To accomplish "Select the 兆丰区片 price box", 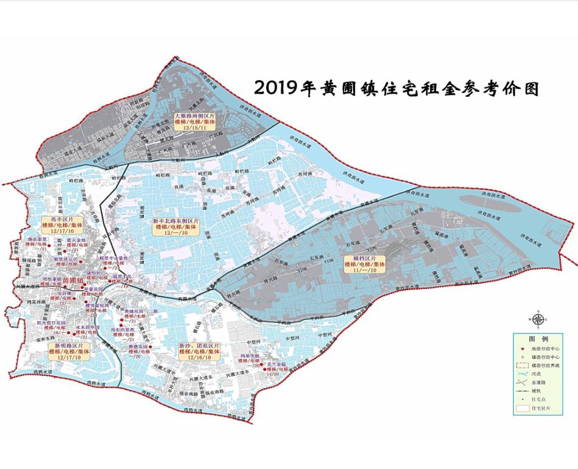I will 62,224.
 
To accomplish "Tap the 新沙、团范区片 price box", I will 200,352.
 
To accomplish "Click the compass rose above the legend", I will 537,319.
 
